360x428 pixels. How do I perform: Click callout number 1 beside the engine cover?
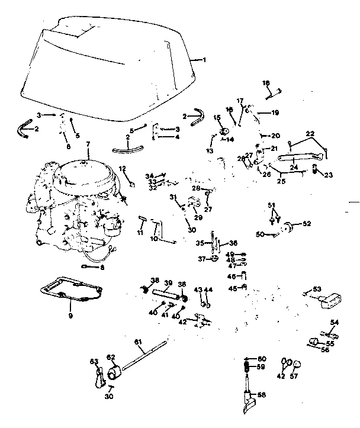[x=204, y=60]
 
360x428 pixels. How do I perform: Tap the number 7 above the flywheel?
[x=88, y=144]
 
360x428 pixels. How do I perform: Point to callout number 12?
[x=123, y=169]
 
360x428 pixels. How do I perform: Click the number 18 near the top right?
[x=266, y=83]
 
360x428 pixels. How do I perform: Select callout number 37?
[x=201, y=259]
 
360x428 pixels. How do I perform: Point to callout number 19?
[x=275, y=112]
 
